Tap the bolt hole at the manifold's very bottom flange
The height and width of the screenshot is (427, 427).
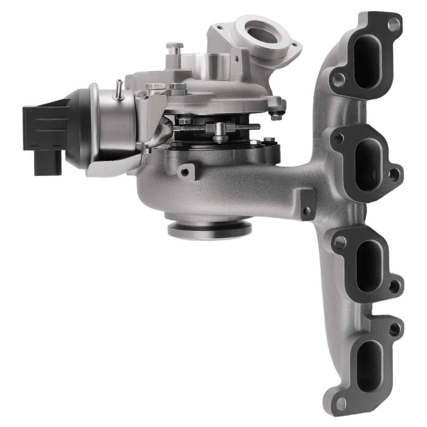click(x=340, y=403)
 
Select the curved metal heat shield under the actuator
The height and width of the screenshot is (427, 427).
click(x=115, y=164)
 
